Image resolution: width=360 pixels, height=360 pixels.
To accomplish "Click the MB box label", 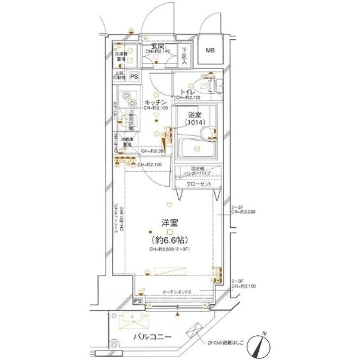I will click(209, 51).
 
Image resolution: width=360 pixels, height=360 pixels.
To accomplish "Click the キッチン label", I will click(154, 102).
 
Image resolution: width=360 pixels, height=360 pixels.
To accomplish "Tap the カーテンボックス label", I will click(177, 292).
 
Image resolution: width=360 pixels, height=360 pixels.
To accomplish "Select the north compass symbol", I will click(264, 344).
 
